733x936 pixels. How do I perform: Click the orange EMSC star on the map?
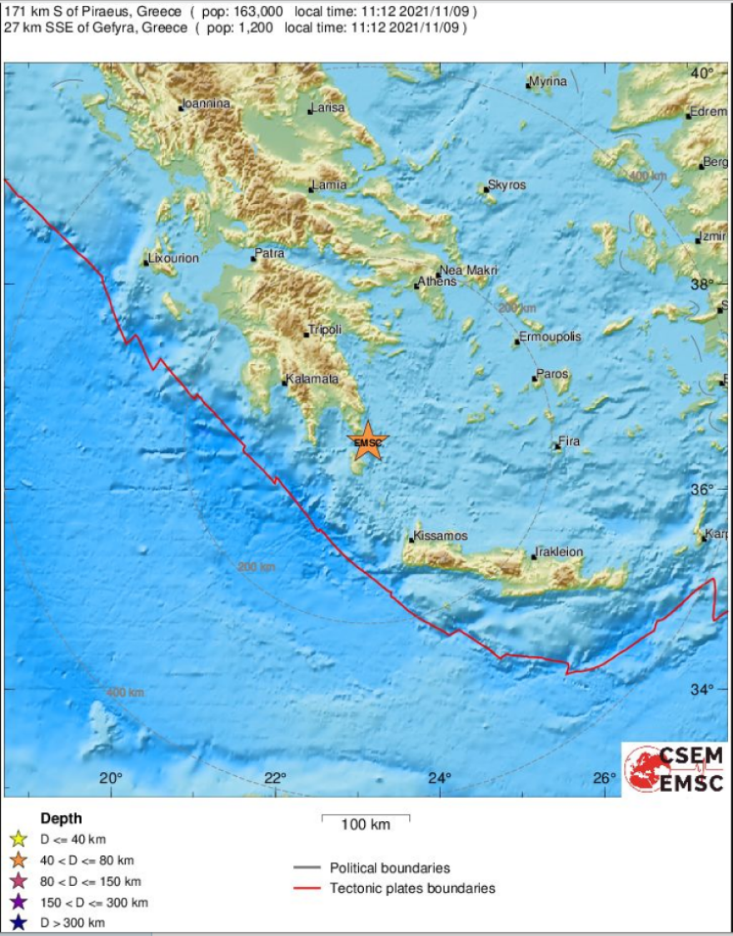[367, 441]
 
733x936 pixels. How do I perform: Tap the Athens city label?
[439, 281]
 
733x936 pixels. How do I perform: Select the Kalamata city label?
[313, 379]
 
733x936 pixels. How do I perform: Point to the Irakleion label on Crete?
[560, 552]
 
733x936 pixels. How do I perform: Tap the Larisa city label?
[328, 108]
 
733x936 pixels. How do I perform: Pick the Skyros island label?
[507, 185]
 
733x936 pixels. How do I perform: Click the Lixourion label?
[174, 258]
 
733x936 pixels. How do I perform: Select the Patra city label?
[270, 253]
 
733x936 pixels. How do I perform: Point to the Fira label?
[569, 441]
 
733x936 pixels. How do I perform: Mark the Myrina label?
[550, 82]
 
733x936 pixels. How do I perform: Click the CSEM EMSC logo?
[675, 769]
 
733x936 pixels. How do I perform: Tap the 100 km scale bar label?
[366, 825]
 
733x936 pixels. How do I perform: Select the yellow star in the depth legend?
[19, 839]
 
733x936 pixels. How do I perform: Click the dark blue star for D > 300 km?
[19, 923]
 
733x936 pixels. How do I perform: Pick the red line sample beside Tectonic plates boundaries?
[307, 889]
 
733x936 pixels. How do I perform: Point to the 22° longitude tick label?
[275, 778]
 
